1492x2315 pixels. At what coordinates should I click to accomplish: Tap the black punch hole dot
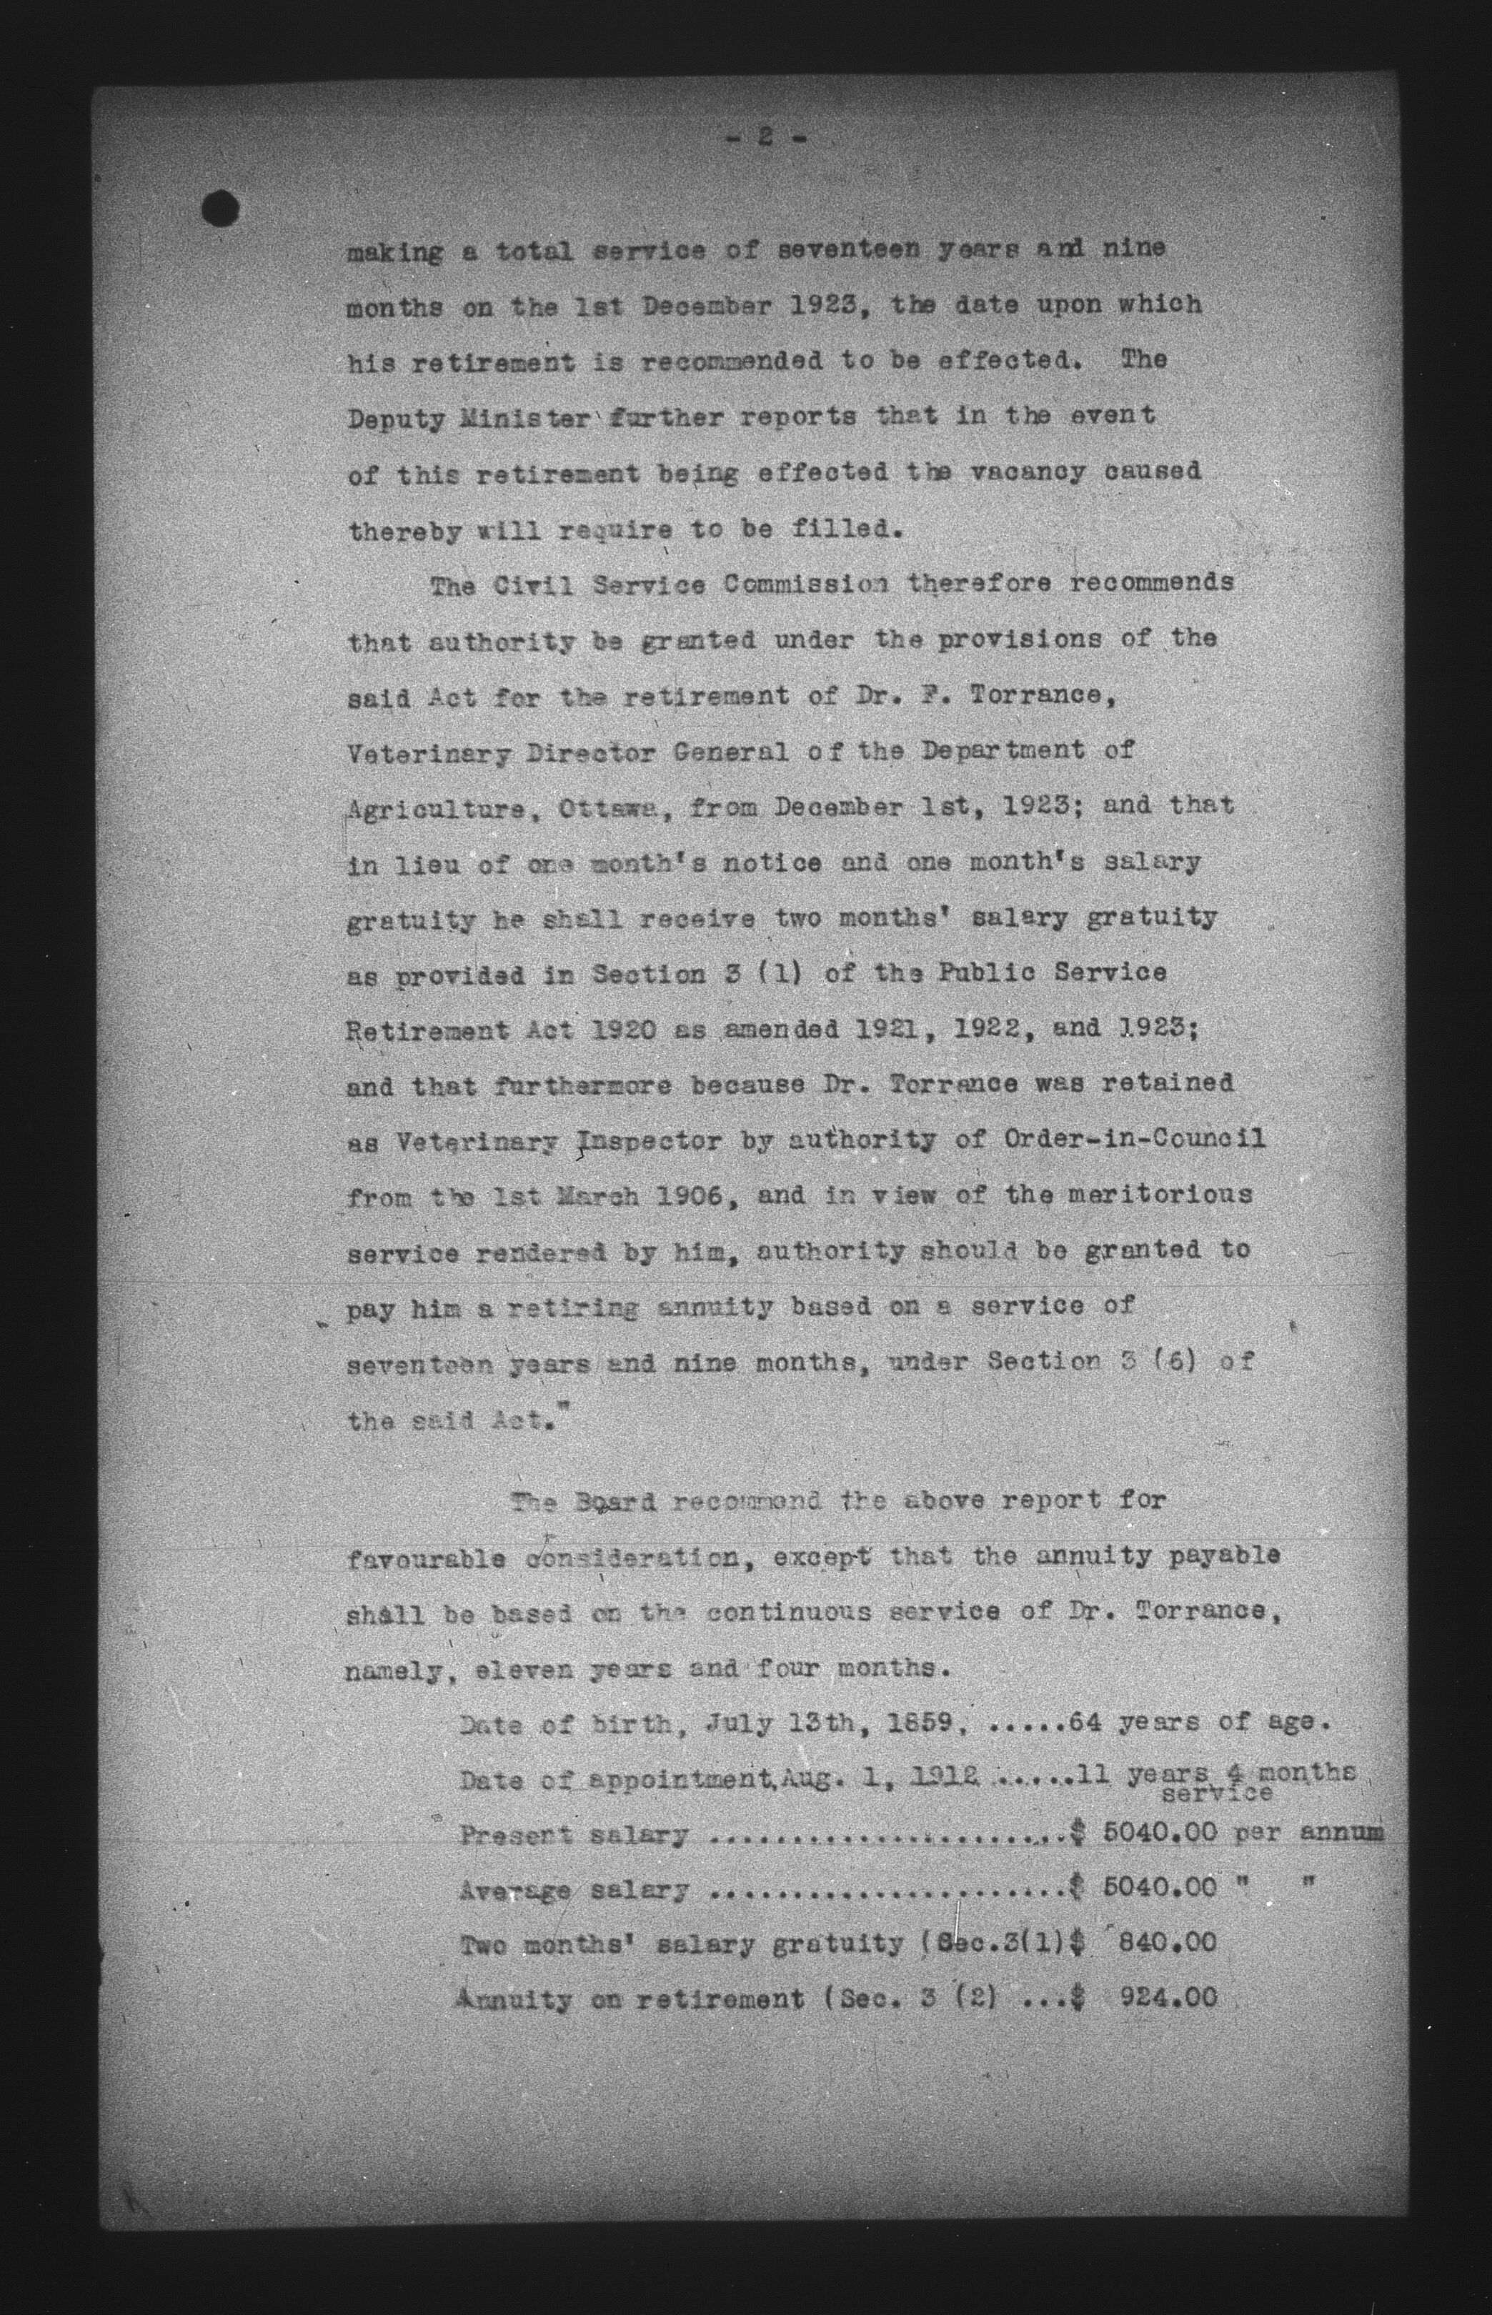pyautogui.click(x=221, y=207)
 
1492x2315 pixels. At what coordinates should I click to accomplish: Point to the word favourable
pyautogui.click(x=425, y=1558)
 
